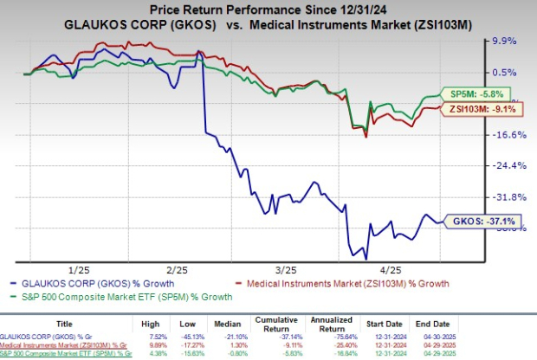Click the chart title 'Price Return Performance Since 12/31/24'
[x=268, y=8]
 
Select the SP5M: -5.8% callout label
[x=479, y=93]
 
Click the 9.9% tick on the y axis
[x=504, y=41]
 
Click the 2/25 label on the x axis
[x=178, y=271]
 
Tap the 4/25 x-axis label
[x=384, y=271]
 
